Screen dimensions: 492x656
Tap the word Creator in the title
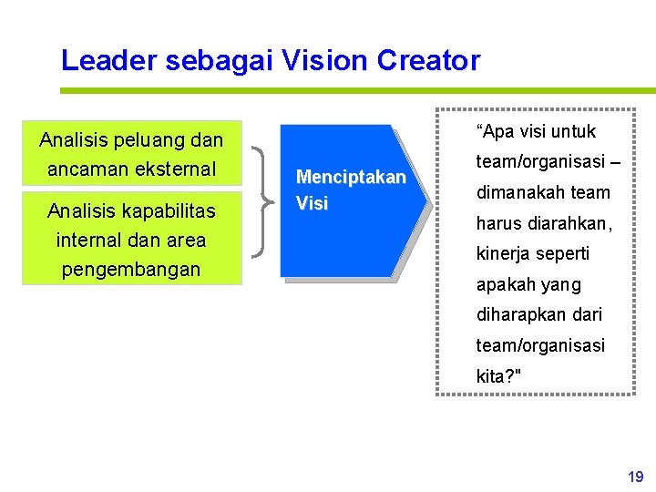(428, 61)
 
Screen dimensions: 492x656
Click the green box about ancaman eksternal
(131, 154)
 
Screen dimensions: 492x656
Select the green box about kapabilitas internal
(131, 240)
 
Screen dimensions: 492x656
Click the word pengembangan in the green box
(131, 271)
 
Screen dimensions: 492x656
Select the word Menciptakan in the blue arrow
(351, 177)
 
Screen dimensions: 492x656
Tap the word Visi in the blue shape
(313, 203)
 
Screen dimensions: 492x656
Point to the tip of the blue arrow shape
(425, 201)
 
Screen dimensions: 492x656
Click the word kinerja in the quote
(502, 253)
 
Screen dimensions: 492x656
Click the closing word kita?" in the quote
(498, 375)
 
